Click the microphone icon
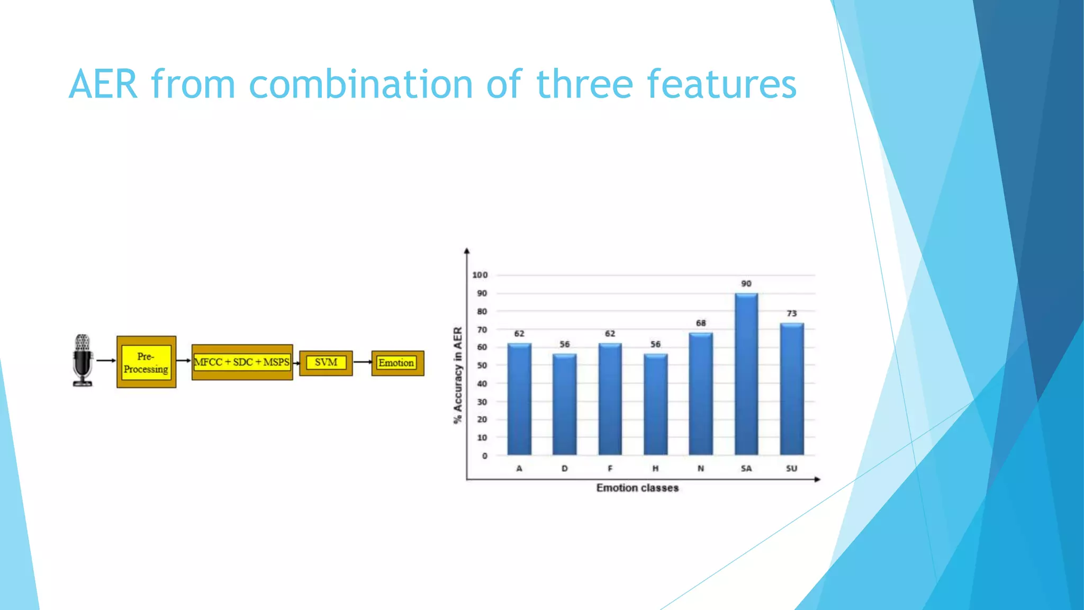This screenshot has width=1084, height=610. point(83,360)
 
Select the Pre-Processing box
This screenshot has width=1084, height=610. point(146,362)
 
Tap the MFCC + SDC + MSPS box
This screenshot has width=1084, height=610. point(242,362)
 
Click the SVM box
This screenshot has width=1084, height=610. point(326,363)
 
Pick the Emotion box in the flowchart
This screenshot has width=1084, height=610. point(397,363)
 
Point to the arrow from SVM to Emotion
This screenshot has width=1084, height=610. point(363,362)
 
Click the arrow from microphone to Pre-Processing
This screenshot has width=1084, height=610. point(106,361)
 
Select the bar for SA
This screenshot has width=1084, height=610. point(746,374)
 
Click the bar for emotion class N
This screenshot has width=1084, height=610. point(700,394)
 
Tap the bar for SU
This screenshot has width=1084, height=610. point(791,389)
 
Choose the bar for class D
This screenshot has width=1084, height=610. point(564,405)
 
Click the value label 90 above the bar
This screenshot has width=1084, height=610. point(746,284)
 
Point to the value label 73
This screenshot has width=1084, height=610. point(791,313)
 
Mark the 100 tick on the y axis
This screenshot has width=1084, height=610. point(480,275)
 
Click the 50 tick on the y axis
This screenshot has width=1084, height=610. point(482,365)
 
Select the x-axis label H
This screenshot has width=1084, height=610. point(655,469)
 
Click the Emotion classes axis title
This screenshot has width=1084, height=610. point(637,488)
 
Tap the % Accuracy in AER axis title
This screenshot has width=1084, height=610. point(458,375)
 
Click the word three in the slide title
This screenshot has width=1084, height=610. point(584,85)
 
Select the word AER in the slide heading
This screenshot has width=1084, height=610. point(103,85)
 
